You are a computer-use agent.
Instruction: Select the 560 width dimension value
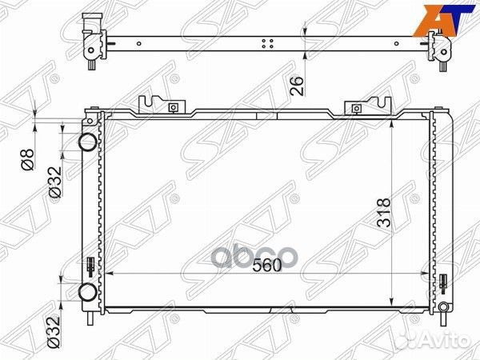point(266,266)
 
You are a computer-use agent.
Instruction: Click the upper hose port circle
point(86,144)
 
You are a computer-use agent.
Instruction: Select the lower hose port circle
point(86,291)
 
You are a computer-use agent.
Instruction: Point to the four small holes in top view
point(270,43)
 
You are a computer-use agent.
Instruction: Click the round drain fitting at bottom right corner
point(442,306)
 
